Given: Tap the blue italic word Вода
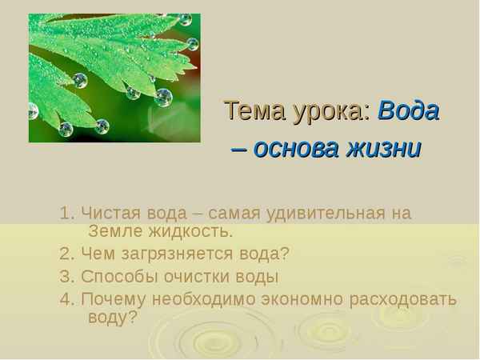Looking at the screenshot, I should click(407, 110).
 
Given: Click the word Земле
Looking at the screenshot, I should click(115, 232).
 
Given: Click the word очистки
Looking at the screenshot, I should click(196, 277).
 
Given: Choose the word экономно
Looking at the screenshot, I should click(305, 299).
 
